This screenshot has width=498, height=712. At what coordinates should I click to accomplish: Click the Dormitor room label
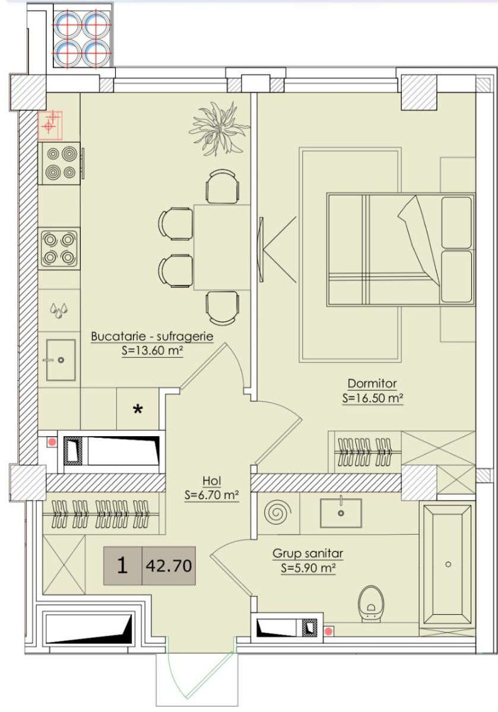point(372,383)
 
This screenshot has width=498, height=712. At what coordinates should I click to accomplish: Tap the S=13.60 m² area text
point(153,351)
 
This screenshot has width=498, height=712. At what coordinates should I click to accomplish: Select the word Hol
point(211,481)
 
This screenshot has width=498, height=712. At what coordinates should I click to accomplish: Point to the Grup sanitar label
point(307,554)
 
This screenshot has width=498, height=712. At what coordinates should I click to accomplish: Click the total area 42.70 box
point(169,566)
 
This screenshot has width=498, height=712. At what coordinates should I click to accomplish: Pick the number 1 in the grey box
point(122,566)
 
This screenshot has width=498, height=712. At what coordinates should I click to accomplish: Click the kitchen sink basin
point(61,360)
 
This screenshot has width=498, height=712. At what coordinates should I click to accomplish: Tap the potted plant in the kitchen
point(219,129)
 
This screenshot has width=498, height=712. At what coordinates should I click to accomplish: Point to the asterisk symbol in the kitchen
point(138,409)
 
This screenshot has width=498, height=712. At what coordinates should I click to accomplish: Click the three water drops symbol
point(59,310)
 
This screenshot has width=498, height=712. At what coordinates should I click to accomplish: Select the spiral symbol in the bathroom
point(278,513)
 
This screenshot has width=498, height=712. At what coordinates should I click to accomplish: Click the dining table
point(222,247)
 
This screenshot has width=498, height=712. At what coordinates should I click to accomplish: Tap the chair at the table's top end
point(222,186)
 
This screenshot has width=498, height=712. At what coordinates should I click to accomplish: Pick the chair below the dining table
point(222,309)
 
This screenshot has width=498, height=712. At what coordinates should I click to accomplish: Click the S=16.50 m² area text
point(373,398)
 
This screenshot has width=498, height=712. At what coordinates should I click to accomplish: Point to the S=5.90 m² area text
point(308,568)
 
